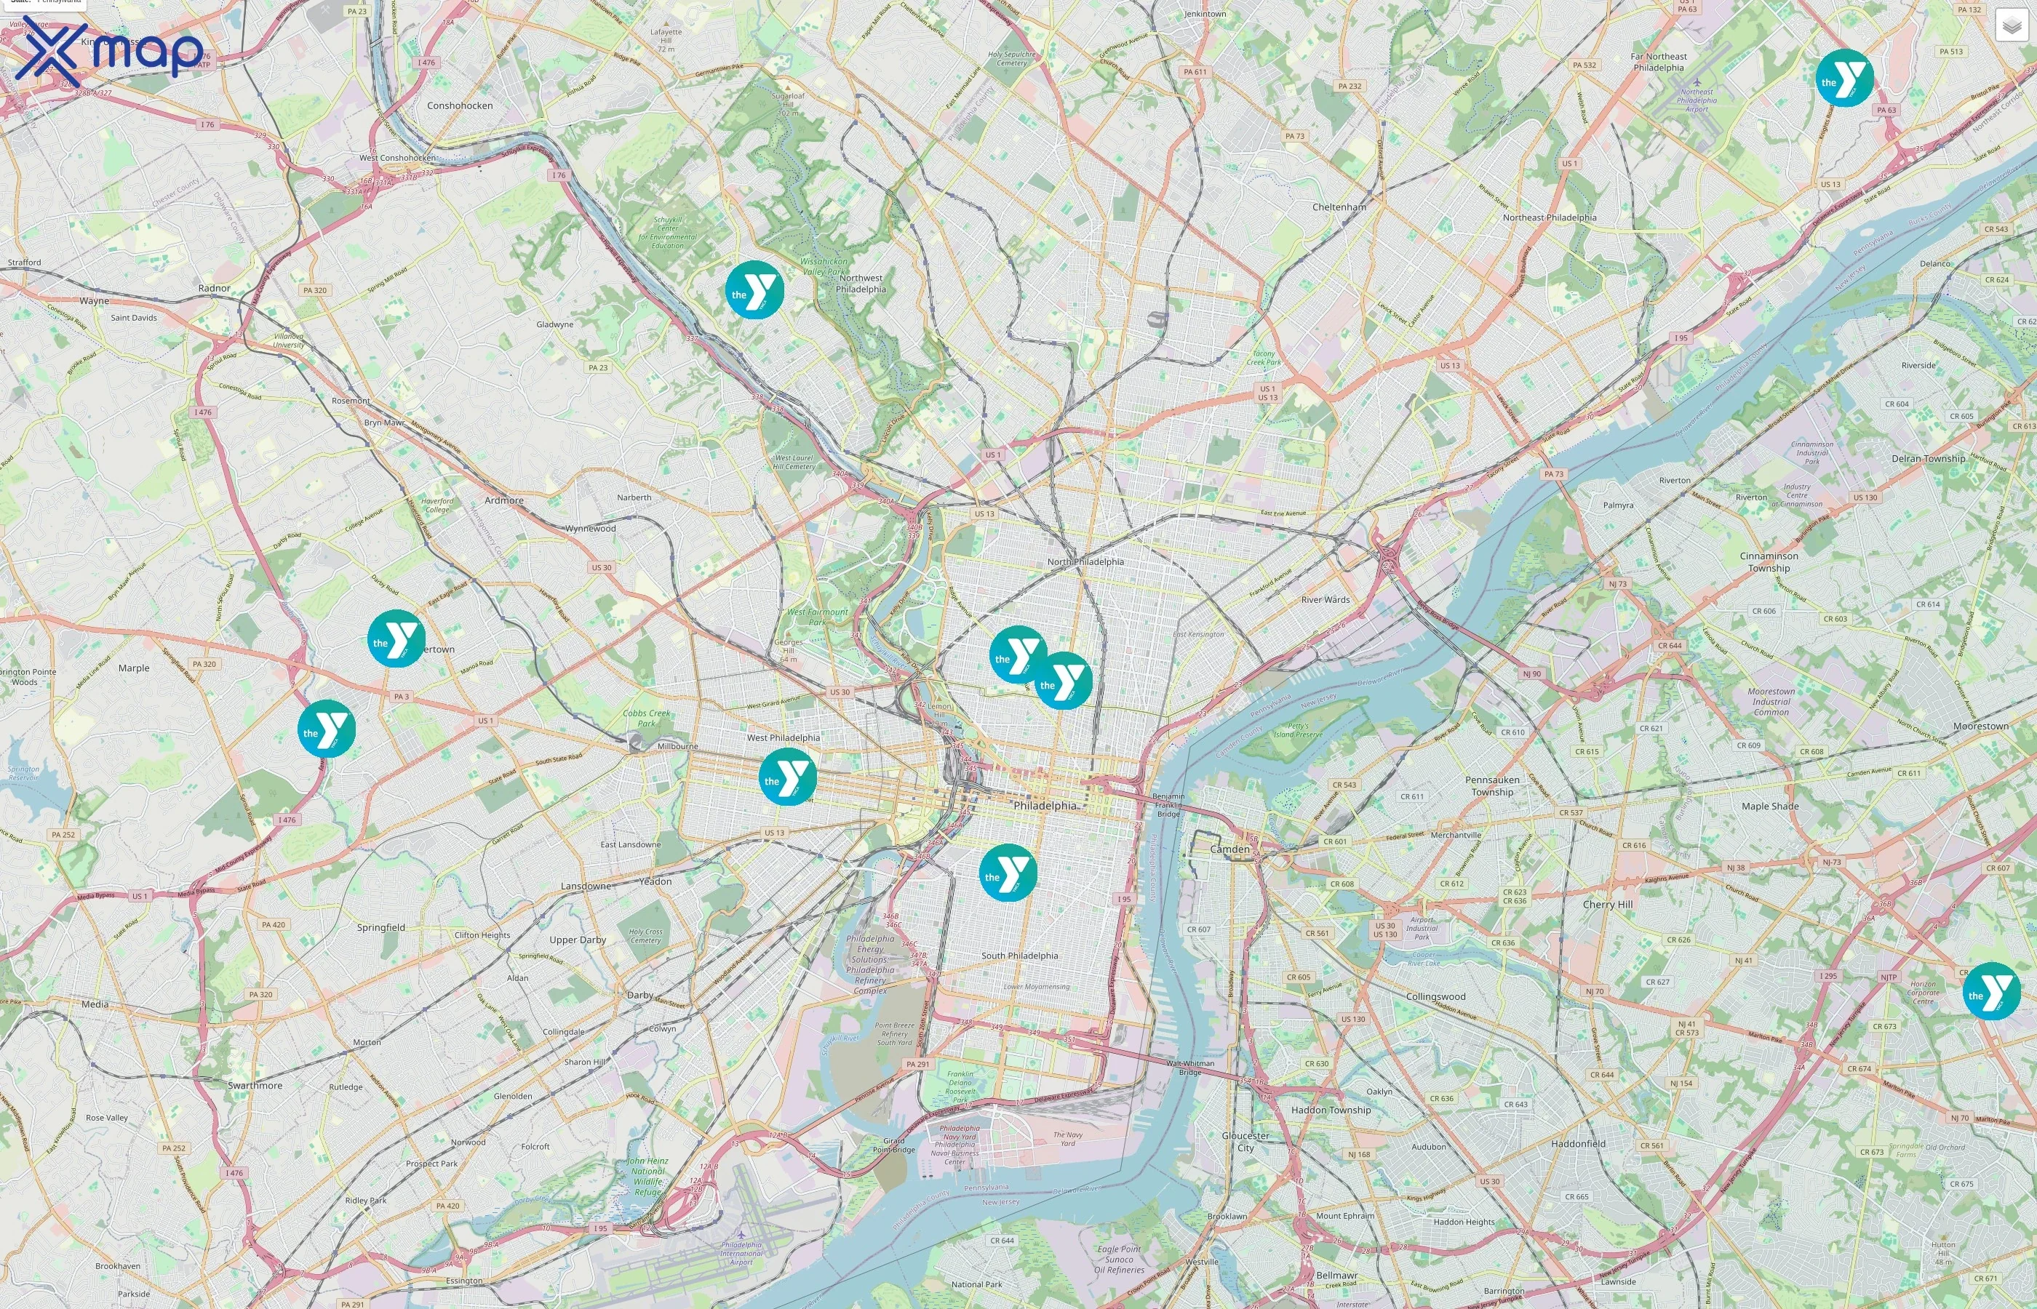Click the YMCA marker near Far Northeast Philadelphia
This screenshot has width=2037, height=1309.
click(1844, 79)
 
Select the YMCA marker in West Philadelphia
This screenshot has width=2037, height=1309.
click(787, 777)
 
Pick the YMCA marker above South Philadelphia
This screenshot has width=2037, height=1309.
click(1008, 873)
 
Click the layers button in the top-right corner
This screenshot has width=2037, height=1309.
click(2011, 25)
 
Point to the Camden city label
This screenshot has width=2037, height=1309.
click(1229, 849)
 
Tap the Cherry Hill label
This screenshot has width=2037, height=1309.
click(1607, 905)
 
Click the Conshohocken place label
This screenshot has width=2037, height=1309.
click(460, 105)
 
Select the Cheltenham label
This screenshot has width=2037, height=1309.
click(1339, 207)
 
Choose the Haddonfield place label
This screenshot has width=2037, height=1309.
click(1578, 1143)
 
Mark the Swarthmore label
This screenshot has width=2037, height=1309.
click(255, 1086)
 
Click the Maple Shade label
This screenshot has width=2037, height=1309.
click(1769, 806)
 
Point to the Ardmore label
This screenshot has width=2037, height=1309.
click(504, 500)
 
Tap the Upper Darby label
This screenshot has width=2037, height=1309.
click(577, 940)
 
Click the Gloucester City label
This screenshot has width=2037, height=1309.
click(1245, 1141)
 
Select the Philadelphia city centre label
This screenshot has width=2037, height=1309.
click(1044, 805)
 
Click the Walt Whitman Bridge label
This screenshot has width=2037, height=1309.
click(1190, 1067)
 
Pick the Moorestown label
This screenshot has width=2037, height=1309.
click(1980, 726)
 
